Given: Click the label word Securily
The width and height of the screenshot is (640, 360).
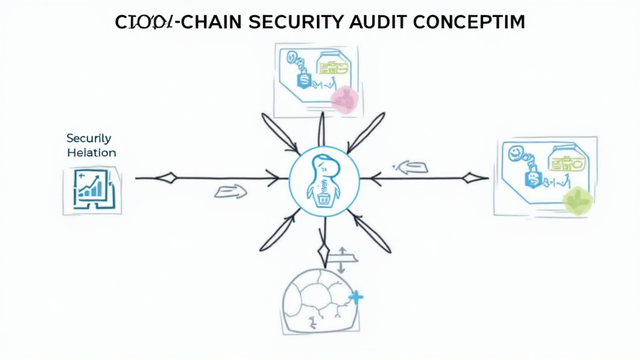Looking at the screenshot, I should click(x=88, y=138).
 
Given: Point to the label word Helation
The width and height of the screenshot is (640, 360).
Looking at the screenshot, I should click(x=91, y=152).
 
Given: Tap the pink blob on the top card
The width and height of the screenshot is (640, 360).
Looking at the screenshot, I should click(x=344, y=99).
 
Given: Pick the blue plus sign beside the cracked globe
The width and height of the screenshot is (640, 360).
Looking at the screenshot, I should click(x=356, y=297).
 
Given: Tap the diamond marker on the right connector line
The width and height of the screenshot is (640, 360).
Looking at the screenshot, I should click(x=476, y=178).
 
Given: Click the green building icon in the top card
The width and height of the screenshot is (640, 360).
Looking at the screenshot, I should click(x=331, y=64).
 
